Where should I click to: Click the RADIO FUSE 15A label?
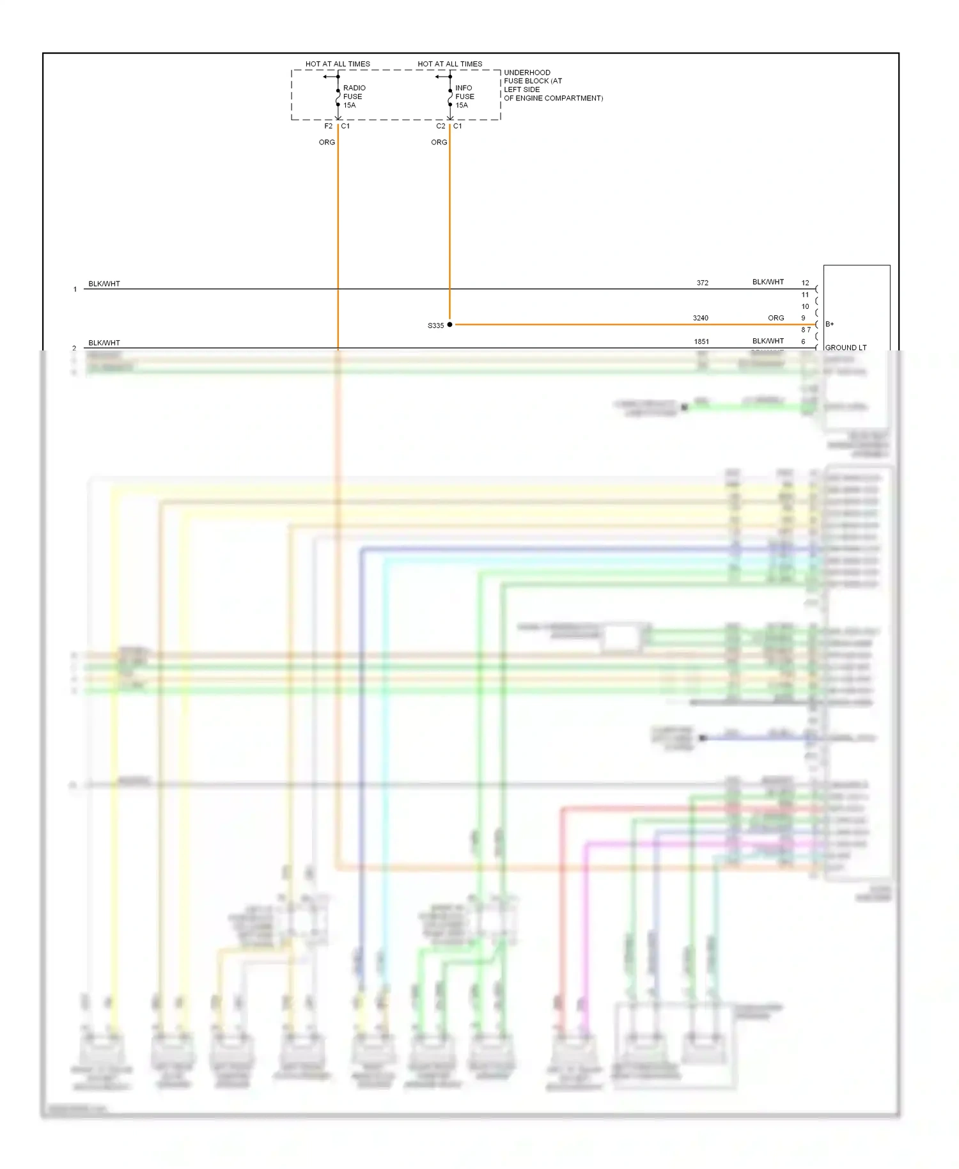tap(354, 97)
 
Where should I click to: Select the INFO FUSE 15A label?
tap(465, 97)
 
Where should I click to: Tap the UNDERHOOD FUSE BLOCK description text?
tap(552, 85)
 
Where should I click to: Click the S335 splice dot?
tap(449, 325)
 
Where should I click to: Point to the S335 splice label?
tap(435, 326)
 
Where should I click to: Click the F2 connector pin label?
tap(328, 126)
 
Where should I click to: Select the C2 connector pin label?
tap(441, 126)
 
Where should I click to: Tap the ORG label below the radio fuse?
tap(327, 142)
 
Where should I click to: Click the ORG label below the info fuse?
tap(439, 142)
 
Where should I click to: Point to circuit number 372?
tap(703, 283)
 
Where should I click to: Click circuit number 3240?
tap(701, 318)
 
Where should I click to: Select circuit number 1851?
tap(701, 341)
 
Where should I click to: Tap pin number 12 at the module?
tap(805, 283)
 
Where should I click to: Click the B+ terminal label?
tap(829, 324)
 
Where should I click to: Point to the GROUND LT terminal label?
tap(845, 348)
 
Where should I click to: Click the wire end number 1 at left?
tap(75, 290)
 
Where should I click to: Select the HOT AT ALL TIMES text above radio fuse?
tap(338, 64)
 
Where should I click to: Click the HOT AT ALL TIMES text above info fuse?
tap(450, 64)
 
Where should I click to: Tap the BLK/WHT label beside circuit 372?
tap(768, 282)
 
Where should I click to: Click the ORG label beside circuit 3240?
tap(776, 318)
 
